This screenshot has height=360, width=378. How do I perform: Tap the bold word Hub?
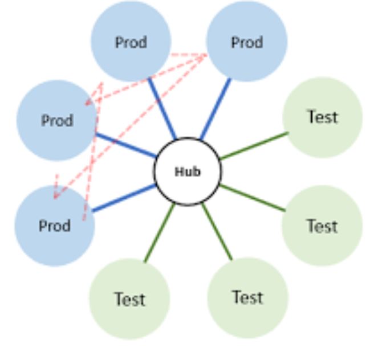pyautogui.click(x=187, y=171)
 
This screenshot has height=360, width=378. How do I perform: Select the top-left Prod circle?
pyautogui.click(x=131, y=41)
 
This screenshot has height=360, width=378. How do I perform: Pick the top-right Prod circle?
pyautogui.click(x=246, y=41)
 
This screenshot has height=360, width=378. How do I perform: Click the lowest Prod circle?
pyautogui.click(x=55, y=225)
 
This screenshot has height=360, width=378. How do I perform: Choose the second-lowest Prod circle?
pyautogui.click(x=57, y=120)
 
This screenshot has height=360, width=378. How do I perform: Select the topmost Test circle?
pyautogui.click(x=322, y=117)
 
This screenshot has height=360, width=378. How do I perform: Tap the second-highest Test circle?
pyautogui.click(x=322, y=226)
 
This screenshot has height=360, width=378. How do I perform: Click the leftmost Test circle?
pyautogui.click(x=129, y=298)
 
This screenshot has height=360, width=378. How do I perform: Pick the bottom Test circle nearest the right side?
pyautogui.click(x=247, y=297)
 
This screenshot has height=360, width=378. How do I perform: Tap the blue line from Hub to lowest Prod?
pyautogui.click(x=124, y=198)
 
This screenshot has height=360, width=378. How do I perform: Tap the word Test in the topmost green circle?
pyautogui.click(x=322, y=117)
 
